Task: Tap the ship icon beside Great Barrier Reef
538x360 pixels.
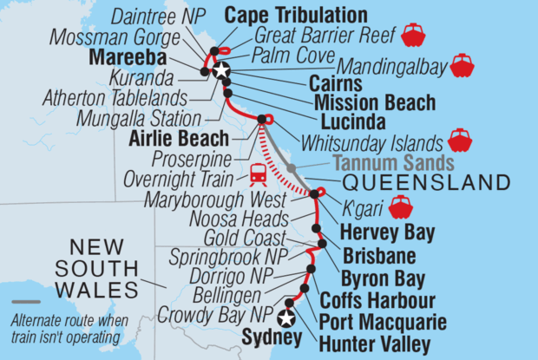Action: click(412, 35)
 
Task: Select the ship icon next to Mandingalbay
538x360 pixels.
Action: click(462, 65)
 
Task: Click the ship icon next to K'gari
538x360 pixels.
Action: click(401, 206)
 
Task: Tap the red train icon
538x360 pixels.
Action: click(258, 175)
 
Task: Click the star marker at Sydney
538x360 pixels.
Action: click(286, 318)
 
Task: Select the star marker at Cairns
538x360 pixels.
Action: click(220, 70)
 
